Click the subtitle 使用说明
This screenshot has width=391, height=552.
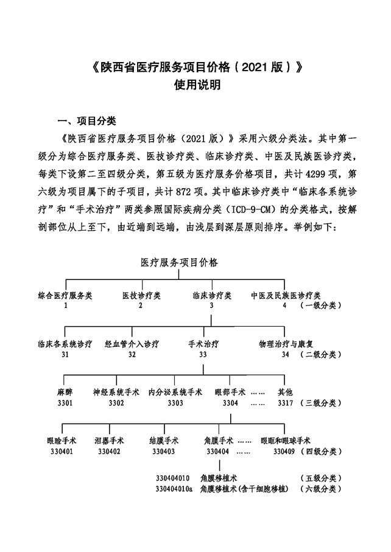click(197, 85)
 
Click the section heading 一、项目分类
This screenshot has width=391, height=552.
click(86, 121)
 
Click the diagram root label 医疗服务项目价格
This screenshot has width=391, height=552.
click(179, 262)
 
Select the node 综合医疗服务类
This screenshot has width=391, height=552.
click(65, 295)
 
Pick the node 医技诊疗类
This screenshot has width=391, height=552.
click(142, 295)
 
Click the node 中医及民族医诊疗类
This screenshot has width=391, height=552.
click(286, 295)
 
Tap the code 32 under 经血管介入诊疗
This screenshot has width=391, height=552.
click(132, 354)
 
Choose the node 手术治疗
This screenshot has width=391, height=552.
click(203, 344)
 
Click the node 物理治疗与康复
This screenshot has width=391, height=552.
click(286, 344)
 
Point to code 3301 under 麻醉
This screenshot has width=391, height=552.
click(65, 403)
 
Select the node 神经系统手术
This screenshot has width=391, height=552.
click(116, 392)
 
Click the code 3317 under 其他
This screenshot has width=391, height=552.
click(285, 403)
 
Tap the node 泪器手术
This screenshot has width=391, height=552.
click(109, 441)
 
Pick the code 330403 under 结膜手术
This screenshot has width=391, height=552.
click(163, 452)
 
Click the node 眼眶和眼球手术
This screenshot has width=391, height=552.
click(286, 441)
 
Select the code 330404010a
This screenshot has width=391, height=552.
click(174, 489)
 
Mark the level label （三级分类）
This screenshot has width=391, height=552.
click(321, 403)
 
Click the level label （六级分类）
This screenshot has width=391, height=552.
click(321, 489)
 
